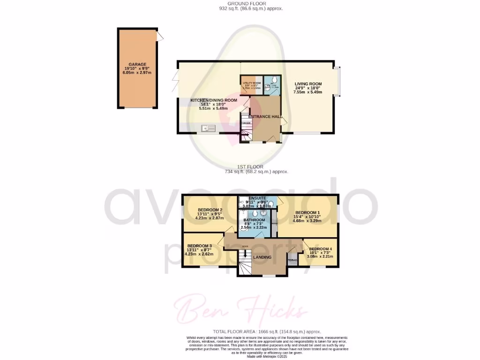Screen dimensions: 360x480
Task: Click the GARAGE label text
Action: (138, 65)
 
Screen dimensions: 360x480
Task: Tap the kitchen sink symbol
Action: (207, 127)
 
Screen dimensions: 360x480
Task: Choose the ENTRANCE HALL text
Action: (265, 116)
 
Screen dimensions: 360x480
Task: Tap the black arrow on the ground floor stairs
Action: (245, 134)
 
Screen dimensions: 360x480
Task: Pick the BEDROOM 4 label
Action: (321, 249)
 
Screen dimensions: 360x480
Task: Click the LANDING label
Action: (262, 257)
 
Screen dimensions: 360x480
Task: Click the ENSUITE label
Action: (257, 198)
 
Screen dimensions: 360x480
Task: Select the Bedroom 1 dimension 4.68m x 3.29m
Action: (307, 220)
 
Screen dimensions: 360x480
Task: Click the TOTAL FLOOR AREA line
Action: (267, 331)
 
